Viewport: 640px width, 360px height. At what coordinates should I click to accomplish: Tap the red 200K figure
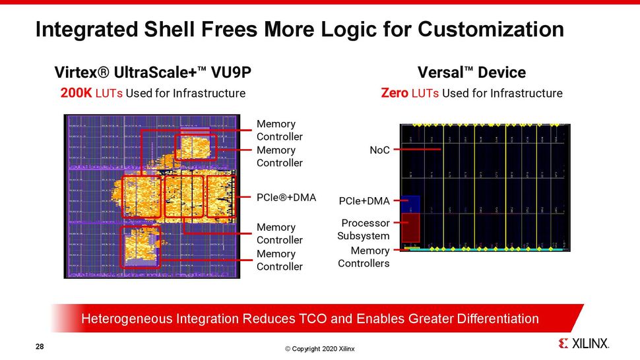tap(77, 93)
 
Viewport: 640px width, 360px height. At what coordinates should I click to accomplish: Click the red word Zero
tap(395, 93)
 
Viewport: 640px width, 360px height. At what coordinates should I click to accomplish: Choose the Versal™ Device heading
tap(472, 72)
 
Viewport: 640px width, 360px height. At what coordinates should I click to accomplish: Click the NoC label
tap(379, 150)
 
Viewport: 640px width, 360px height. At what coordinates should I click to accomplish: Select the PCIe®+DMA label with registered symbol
tap(286, 196)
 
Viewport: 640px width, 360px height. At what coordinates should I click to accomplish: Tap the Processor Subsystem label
tap(364, 229)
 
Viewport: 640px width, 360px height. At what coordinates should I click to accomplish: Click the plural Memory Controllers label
tap(364, 257)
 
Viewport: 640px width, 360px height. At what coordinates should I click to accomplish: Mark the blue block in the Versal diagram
tap(410, 204)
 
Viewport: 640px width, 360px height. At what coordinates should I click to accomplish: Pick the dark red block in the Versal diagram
tap(410, 227)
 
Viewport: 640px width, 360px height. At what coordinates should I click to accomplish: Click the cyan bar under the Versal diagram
tap(488, 251)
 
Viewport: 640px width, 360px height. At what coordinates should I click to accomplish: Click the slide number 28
tap(40, 345)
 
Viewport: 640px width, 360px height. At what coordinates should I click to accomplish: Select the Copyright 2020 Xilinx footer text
tap(319, 349)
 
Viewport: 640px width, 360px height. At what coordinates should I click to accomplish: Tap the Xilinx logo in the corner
tap(583, 344)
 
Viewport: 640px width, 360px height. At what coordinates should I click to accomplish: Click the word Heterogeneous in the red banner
tap(126, 319)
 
